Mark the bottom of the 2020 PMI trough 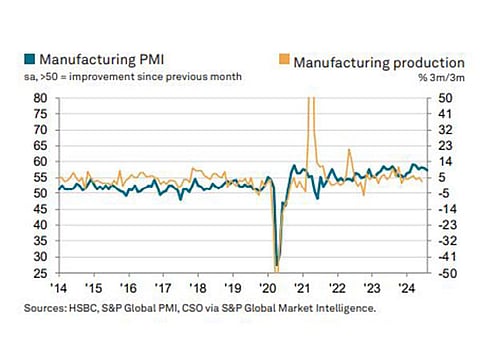pos(276,265)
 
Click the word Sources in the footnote pos(47,309)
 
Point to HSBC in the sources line pos(91,309)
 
